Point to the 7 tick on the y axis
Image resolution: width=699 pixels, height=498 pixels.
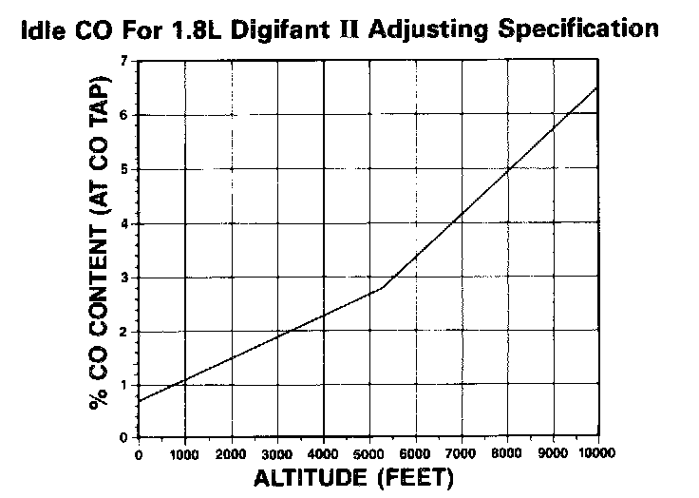pos(123,61)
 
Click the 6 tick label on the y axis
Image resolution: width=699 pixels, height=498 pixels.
pos(123,115)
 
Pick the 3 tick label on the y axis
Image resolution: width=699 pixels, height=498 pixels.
pos(123,278)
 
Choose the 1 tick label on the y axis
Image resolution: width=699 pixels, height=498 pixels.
pos(123,385)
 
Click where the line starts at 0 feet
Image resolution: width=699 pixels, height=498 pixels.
pos(140,402)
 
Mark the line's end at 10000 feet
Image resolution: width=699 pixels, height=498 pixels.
pos(598,86)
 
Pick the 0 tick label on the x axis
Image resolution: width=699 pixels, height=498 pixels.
pos(140,454)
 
